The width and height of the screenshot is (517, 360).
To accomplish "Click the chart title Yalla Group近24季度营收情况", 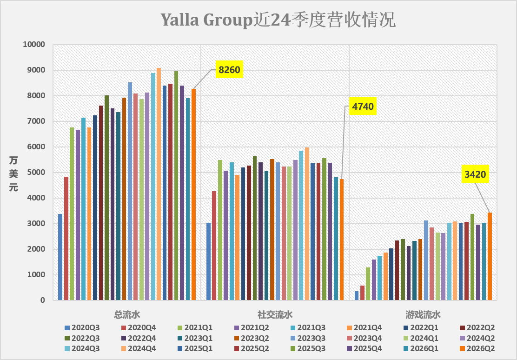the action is coord(278,20).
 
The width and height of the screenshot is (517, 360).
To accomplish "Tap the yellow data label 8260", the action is coord(229,70).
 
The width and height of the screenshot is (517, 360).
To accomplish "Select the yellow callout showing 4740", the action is coord(363,106).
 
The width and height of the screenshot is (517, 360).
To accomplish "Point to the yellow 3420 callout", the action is coord(475,174).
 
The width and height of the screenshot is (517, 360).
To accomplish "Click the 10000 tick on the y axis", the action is coord(34,45).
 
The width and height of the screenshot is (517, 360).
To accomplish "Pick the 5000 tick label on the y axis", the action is coord(36,172).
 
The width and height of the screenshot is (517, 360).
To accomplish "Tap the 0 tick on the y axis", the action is coord(43,300).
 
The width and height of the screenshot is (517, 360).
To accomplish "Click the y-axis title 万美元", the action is coord(13,174).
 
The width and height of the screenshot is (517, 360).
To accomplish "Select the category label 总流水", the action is coord(127,315).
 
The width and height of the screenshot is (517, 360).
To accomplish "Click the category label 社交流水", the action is coord(275,315).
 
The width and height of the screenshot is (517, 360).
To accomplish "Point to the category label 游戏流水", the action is coord(423,315).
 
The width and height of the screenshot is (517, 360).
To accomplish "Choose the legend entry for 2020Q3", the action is coord(82,327).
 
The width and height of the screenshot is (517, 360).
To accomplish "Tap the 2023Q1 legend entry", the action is coord(195,338).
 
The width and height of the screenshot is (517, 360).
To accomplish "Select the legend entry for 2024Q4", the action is coord(139,348).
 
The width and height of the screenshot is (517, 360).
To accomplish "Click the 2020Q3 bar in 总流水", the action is coord(60,257).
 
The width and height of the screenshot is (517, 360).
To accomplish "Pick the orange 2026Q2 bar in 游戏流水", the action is coord(490,256).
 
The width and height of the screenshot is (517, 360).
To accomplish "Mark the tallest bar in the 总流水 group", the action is coord(159,184).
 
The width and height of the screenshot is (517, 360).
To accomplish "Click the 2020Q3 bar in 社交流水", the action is coord(208,261).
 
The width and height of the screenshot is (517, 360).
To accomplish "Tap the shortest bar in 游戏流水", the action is coord(357,296).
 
